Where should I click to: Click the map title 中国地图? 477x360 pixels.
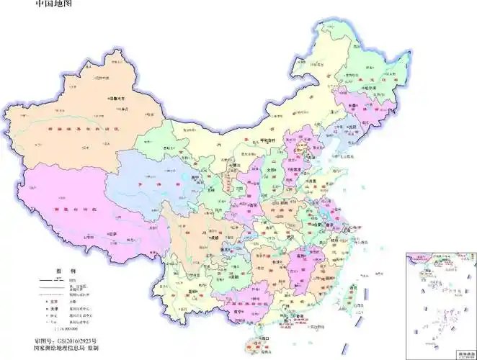53,5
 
